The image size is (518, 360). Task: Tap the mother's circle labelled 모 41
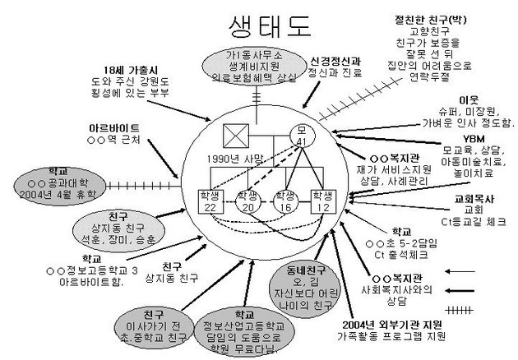coord(301,136)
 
